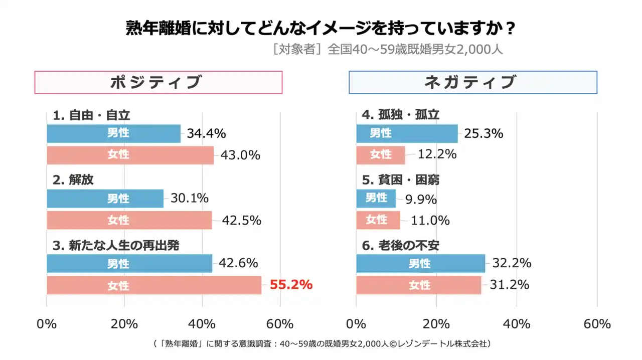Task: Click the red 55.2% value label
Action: click(x=291, y=285)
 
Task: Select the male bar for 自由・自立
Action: click(x=113, y=133)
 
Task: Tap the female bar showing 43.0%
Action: click(x=130, y=155)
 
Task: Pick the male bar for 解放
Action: click(x=105, y=199)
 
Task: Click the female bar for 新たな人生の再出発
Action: click(x=153, y=285)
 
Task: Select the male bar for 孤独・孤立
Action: click(x=407, y=133)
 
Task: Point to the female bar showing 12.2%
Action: click(x=381, y=155)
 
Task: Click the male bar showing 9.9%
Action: click(x=376, y=198)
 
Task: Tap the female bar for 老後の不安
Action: click(x=418, y=285)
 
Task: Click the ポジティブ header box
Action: click(x=158, y=82)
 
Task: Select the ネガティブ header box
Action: click(x=472, y=82)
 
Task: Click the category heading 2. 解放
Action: click(x=73, y=180)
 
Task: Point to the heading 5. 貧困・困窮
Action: click(x=400, y=180)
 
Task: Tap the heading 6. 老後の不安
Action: click(x=400, y=245)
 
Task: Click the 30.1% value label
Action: click(x=190, y=199)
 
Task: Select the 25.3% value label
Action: click(x=484, y=133)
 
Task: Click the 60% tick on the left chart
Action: click(x=280, y=324)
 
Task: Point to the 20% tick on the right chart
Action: click(x=436, y=324)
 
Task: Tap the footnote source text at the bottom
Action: click(x=320, y=344)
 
